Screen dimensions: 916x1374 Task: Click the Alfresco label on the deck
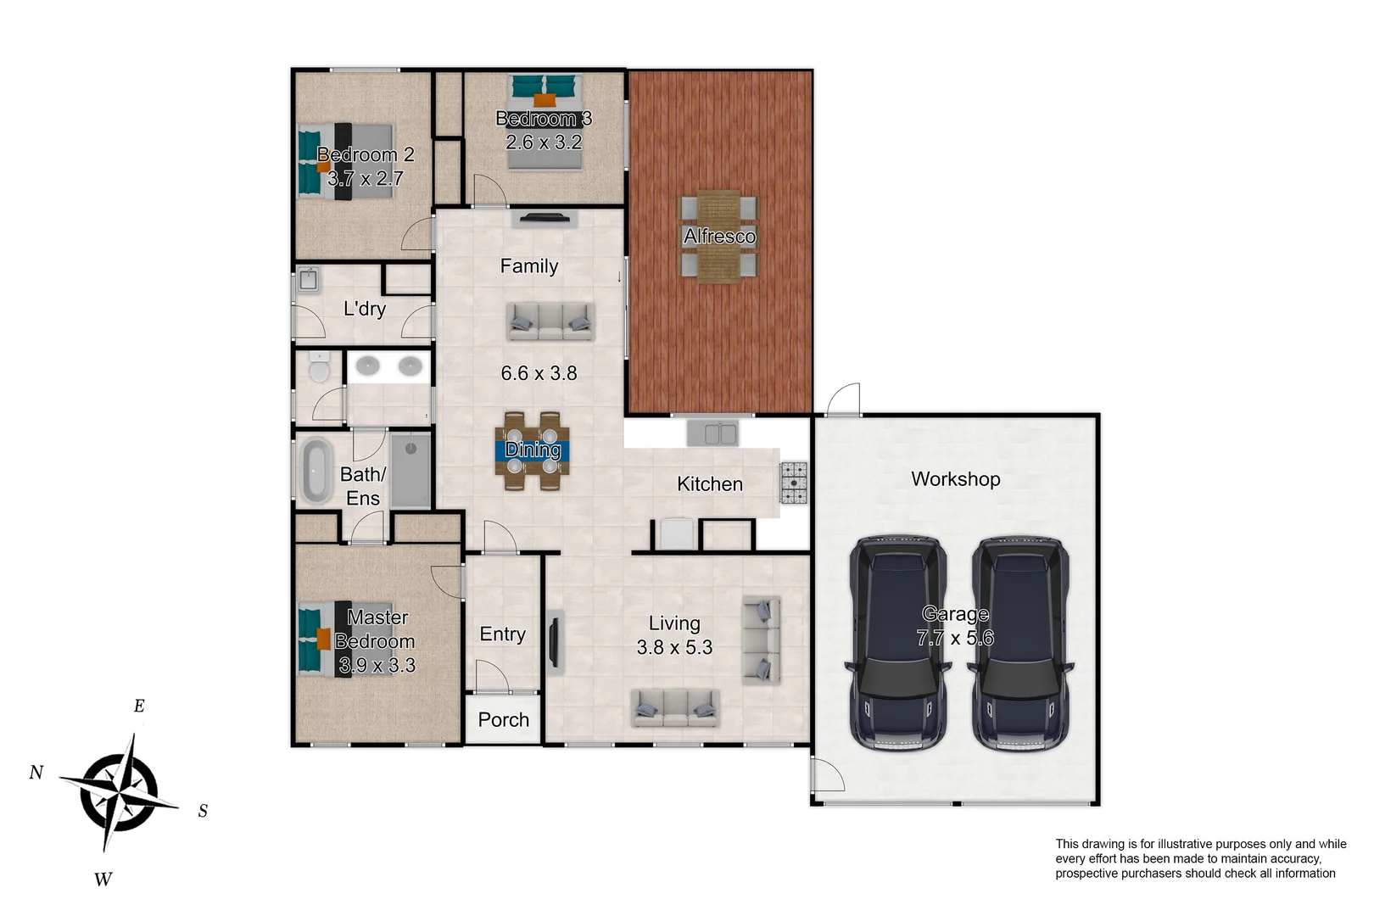[x=719, y=236]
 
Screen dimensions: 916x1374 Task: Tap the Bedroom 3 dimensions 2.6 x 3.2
[x=544, y=142]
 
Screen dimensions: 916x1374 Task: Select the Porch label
[x=503, y=720]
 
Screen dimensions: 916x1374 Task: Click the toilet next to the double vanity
[x=319, y=368]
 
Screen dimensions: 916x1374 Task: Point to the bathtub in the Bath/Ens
[x=316, y=471]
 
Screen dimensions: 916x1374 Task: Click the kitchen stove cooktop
[x=794, y=483]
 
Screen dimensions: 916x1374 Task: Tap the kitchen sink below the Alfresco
[x=712, y=433]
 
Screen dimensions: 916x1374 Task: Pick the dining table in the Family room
[x=533, y=450]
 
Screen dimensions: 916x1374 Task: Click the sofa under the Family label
[x=550, y=321]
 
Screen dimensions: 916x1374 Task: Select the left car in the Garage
[x=898, y=643]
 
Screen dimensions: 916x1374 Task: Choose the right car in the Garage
[x=1020, y=643]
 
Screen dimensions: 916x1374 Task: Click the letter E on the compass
[x=139, y=706]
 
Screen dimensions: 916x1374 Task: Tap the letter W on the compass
[x=103, y=880]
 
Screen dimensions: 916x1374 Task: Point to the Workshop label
[x=955, y=479]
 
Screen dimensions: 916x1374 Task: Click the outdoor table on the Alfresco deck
[x=718, y=236]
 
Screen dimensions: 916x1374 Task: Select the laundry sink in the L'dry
[x=309, y=279]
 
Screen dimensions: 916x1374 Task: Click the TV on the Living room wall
[x=554, y=642]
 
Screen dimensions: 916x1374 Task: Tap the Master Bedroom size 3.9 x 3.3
[x=377, y=665]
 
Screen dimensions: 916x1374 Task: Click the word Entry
[x=502, y=634]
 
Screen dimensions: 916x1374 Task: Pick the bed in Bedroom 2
[x=346, y=161]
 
